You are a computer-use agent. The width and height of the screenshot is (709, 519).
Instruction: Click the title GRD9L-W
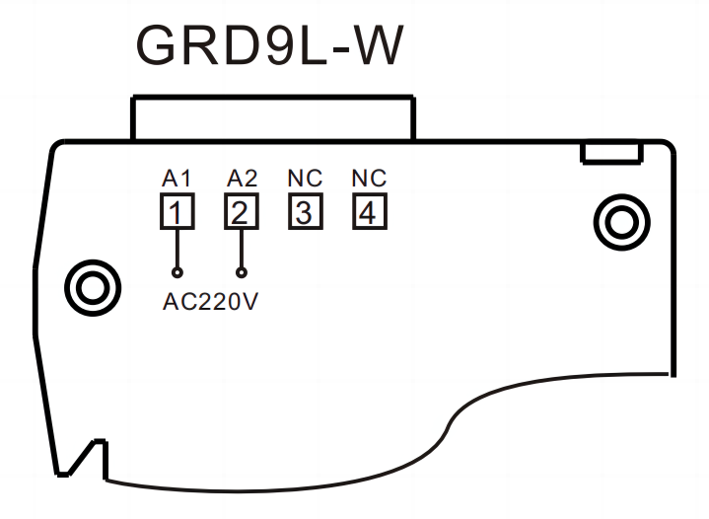[x=269, y=44]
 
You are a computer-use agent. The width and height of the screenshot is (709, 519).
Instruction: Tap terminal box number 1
[x=176, y=212]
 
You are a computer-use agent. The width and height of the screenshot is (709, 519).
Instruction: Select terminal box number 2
[x=241, y=212]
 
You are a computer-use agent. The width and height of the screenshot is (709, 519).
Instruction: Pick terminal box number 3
[x=305, y=212]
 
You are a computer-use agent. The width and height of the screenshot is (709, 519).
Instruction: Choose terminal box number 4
[x=369, y=212]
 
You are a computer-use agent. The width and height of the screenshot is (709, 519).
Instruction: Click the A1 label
[x=176, y=179]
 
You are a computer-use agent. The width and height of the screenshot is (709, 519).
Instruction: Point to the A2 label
[x=242, y=179]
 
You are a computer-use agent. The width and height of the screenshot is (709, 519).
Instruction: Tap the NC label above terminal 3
[x=305, y=179]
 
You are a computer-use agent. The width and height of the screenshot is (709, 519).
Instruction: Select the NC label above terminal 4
[x=369, y=179]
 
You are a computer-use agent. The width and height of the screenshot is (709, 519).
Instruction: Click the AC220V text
[x=210, y=302]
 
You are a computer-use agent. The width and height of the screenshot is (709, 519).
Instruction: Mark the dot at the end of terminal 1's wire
[x=177, y=271]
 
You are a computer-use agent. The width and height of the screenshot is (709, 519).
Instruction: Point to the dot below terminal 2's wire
[x=242, y=271]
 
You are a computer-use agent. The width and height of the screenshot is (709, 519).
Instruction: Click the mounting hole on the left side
[x=92, y=288]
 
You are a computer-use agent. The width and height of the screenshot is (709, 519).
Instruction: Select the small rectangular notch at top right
[x=611, y=152]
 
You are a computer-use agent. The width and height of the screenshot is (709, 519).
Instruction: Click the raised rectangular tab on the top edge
[x=273, y=118]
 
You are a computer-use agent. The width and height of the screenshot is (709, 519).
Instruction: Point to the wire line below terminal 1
[x=177, y=248]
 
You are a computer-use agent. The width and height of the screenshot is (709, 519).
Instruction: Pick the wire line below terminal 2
[x=242, y=248]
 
